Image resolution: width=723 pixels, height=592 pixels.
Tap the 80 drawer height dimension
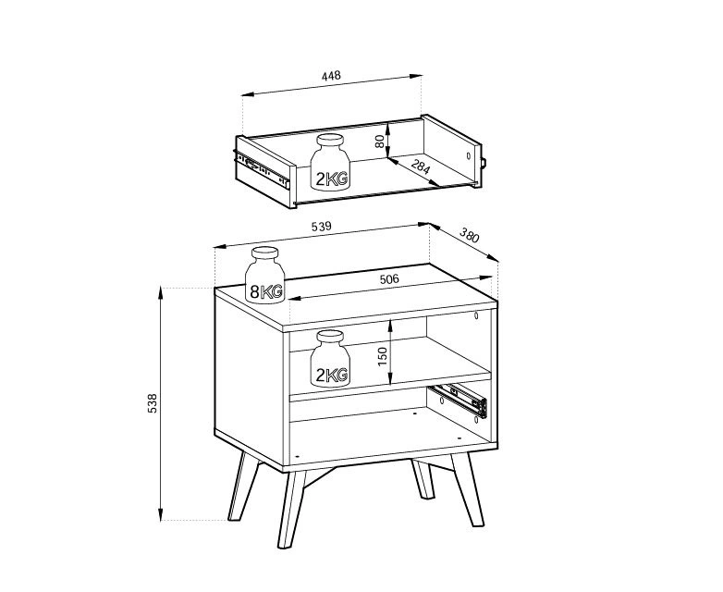(380, 142)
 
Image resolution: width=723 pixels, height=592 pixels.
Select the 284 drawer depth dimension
(421, 166)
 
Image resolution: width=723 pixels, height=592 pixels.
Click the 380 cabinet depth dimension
(470, 235)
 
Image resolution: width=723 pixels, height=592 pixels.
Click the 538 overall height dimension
(153, 403)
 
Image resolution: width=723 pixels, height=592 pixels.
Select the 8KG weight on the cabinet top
(264, 276)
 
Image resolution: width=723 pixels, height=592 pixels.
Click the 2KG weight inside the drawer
(330, 162)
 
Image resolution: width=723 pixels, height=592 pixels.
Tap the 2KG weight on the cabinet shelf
(330, 359)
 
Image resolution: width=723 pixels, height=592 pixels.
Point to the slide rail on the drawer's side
(262, 168)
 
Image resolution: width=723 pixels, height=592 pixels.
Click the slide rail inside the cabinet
(458, 399)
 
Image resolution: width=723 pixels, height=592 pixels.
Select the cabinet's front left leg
(291, 509)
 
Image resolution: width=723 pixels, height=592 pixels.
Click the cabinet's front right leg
(468, 489)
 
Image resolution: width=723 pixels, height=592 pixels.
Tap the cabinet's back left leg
(245, 485)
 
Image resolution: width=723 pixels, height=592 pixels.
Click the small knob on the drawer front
(484, 163)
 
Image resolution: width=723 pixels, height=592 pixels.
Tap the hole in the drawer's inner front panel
(469, 156)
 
